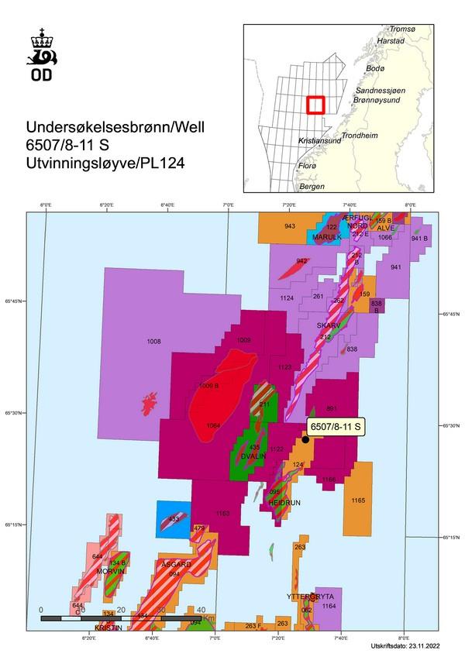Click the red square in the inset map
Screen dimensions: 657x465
point(314,105)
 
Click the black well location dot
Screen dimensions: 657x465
point(305,439)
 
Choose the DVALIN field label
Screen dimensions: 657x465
point(253,457)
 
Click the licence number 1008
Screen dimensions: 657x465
point(153,342)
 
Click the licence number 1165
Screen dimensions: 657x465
point(357,501)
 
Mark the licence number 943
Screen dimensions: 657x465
point(289,226)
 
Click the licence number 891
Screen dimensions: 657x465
point(332,409)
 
